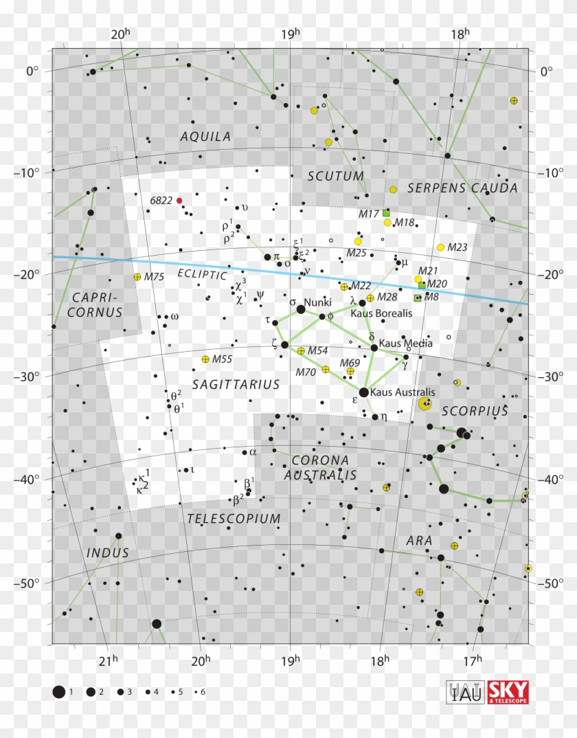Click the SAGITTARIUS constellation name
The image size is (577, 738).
236,384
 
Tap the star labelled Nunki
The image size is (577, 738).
301,310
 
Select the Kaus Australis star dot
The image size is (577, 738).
364,392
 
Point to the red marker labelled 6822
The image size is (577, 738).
179,201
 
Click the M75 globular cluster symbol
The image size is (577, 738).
137,277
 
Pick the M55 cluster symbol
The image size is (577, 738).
205,359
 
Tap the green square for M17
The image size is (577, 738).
386,213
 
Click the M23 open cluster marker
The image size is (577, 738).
440,247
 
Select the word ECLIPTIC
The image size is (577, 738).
202,274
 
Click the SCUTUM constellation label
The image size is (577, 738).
336,176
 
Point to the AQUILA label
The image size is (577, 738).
206,137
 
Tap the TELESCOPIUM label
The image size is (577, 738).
234,519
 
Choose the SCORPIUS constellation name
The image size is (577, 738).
475,411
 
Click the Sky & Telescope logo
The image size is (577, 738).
508,692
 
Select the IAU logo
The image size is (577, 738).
465,692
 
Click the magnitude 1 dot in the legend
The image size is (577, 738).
59,692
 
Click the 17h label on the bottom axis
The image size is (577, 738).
471,662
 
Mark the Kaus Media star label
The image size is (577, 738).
399,343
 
